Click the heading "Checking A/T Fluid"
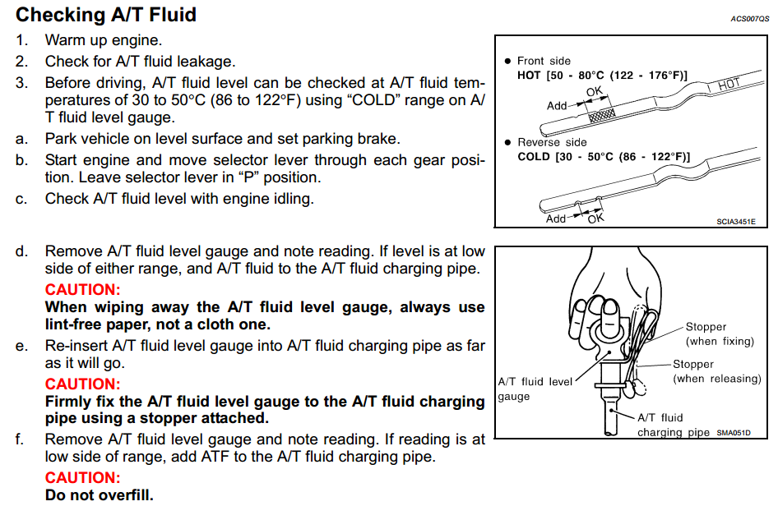coord(106,15)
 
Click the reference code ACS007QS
coord(748,17)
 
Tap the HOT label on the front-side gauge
coord(729,85)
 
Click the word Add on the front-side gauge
coord(557,106)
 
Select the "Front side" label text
coord(544,61)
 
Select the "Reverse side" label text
coord(552,142)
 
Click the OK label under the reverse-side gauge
coord(596,218)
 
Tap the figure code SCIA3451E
coord(735,220)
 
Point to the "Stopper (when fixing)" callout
coord(715,334)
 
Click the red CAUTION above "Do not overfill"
coord(82,478)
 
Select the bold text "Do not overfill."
coord(99,495)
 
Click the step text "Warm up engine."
coord(104,39)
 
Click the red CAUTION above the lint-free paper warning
coord(82,290)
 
